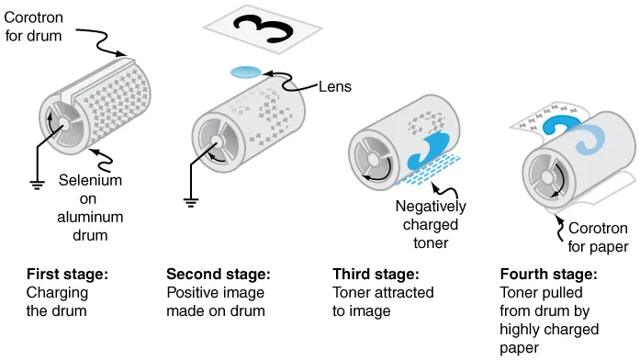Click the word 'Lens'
pyautogui.click(x=331, y=87)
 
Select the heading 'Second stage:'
pyautogui.click(x=219, y=275)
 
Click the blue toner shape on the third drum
pyautogui.click(x=430, y=147)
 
